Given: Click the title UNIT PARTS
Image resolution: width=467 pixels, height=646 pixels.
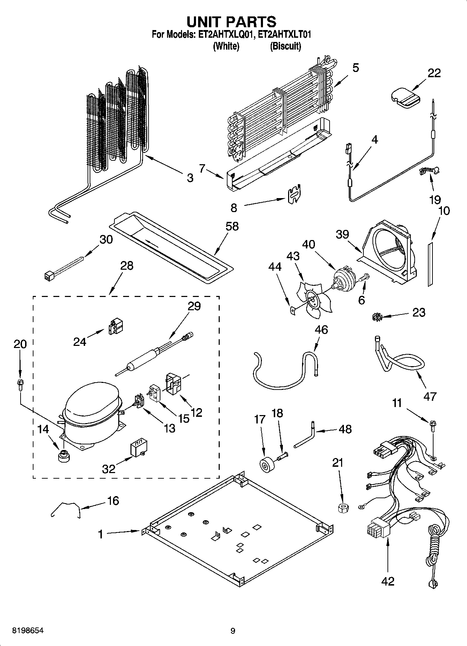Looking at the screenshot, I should [232, 22].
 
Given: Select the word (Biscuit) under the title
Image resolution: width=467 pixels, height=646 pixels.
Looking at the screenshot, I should [285, 46].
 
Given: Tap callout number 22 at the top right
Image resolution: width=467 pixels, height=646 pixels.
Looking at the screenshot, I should [434, 73].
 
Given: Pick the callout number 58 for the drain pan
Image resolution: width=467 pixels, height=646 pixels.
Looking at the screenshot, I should [232, 226].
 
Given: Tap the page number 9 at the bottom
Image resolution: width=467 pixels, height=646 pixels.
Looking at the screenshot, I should [233, 631].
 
